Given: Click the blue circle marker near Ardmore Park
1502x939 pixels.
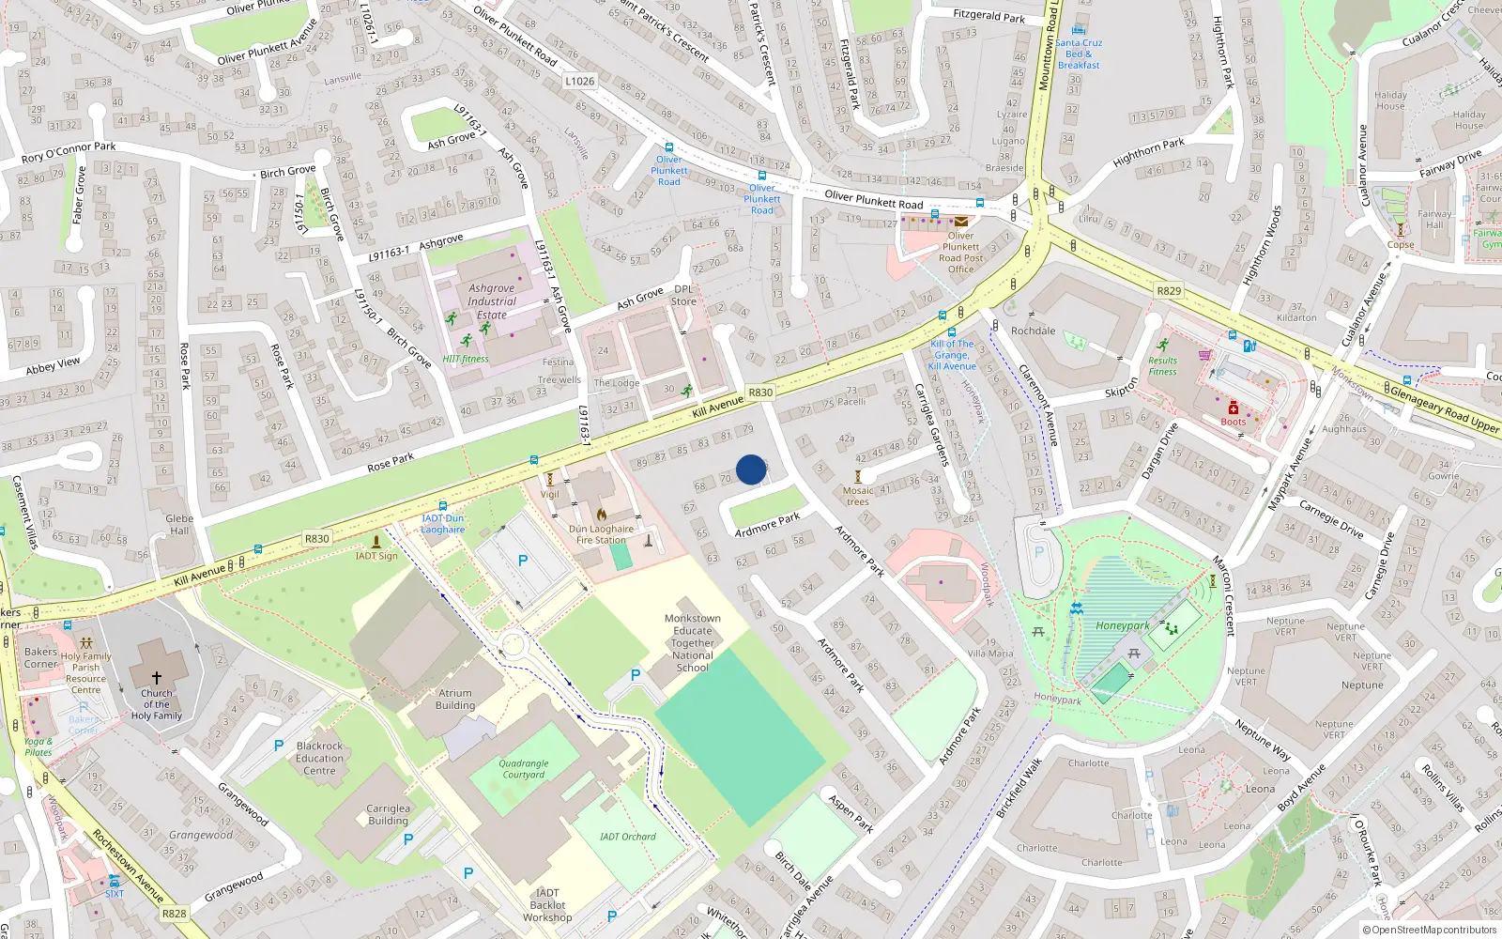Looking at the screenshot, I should pyautogui.click(x=751, y=469).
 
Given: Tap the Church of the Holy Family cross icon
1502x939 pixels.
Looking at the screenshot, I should pyautogui.click(x=157, y=676).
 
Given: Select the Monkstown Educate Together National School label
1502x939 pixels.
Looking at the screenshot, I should pyautogui.click(x=693, y=643).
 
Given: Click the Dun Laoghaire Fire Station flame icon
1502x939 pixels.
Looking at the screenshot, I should pyautogui.click(x=602, y=515).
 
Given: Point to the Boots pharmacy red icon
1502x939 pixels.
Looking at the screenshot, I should pyautogui.click(x=1234, y=408).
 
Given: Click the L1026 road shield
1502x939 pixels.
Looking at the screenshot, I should pyautogui.click(x=579, y=81).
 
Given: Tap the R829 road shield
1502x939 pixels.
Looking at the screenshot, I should pyautogui.click(x=1169, y=291).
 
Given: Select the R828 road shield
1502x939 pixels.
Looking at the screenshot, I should pyautogui.click(x=174, y=913).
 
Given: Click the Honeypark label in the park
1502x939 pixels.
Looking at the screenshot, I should pyautogui.click(x=1122, y=625).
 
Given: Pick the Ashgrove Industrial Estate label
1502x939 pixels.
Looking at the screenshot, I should pyautogui.click(x=492, y=301).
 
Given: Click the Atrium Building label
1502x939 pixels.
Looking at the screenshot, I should pyautogui.click(x=455, y=700).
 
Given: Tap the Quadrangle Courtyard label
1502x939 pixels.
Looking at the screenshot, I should pyautogui.click(x=523, y=769).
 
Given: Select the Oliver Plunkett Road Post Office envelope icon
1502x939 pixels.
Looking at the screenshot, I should pyautogui.click(x=961, y=223).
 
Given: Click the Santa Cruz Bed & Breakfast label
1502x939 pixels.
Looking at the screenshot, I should pyautogui.click(x=1079, y=54).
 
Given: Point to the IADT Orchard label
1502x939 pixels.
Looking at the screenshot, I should pyautogui.click(x=628, y=837).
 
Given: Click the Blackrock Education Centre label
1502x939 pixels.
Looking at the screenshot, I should pyautogui.click(x=319, y=759).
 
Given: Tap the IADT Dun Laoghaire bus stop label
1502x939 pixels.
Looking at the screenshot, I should pyautogui.click(x=442, y=524).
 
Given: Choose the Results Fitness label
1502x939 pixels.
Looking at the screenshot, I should pyautogui.click(x=1162, y=366).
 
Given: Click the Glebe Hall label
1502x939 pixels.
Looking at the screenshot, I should pyautogui.click(x=179, y=524).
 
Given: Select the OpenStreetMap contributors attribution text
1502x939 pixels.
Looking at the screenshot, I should pyautogui.click(x=1430, y=931).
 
